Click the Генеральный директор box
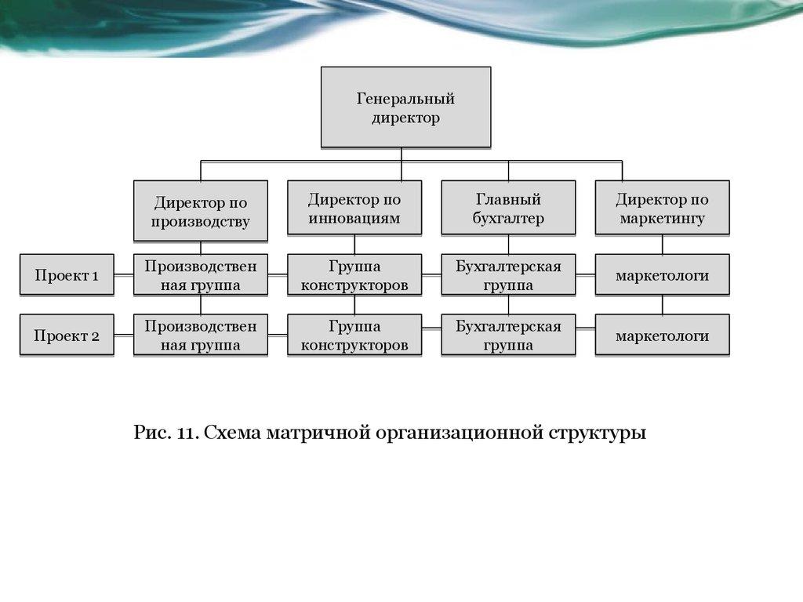pyautogui.click(x=405, y=108)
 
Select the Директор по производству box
pyautogui.click(x=201, y=211)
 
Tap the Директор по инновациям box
pyautogui.click(x=354, y=209)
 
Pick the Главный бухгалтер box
pyautogui.click(x=508, y=209)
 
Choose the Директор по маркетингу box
pyautogui.click(x=662, y=209)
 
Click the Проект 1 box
pyautogui.click(x=67, y=275)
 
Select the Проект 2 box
pyautogui.click(x=67, y=336)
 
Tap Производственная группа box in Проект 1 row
pyautogui.click(x=201, y=275)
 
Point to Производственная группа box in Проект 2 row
pyautogui.click(x=201, y=335)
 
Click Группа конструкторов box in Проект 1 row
pyautogui.click(x=354, y=275)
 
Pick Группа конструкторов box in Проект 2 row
pyautogui.click(x=354, y=335)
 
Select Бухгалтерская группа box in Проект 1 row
pyautogui.click(x=508, y=275)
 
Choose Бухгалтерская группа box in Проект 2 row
pyautogui.click(x=508, y=335)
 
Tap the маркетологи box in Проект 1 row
pyautogui.click(x=662, y=275)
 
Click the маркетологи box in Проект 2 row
pyautogui.click(x=662, y=335)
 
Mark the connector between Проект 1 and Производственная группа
pyautogui.click(x=123, y=275)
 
